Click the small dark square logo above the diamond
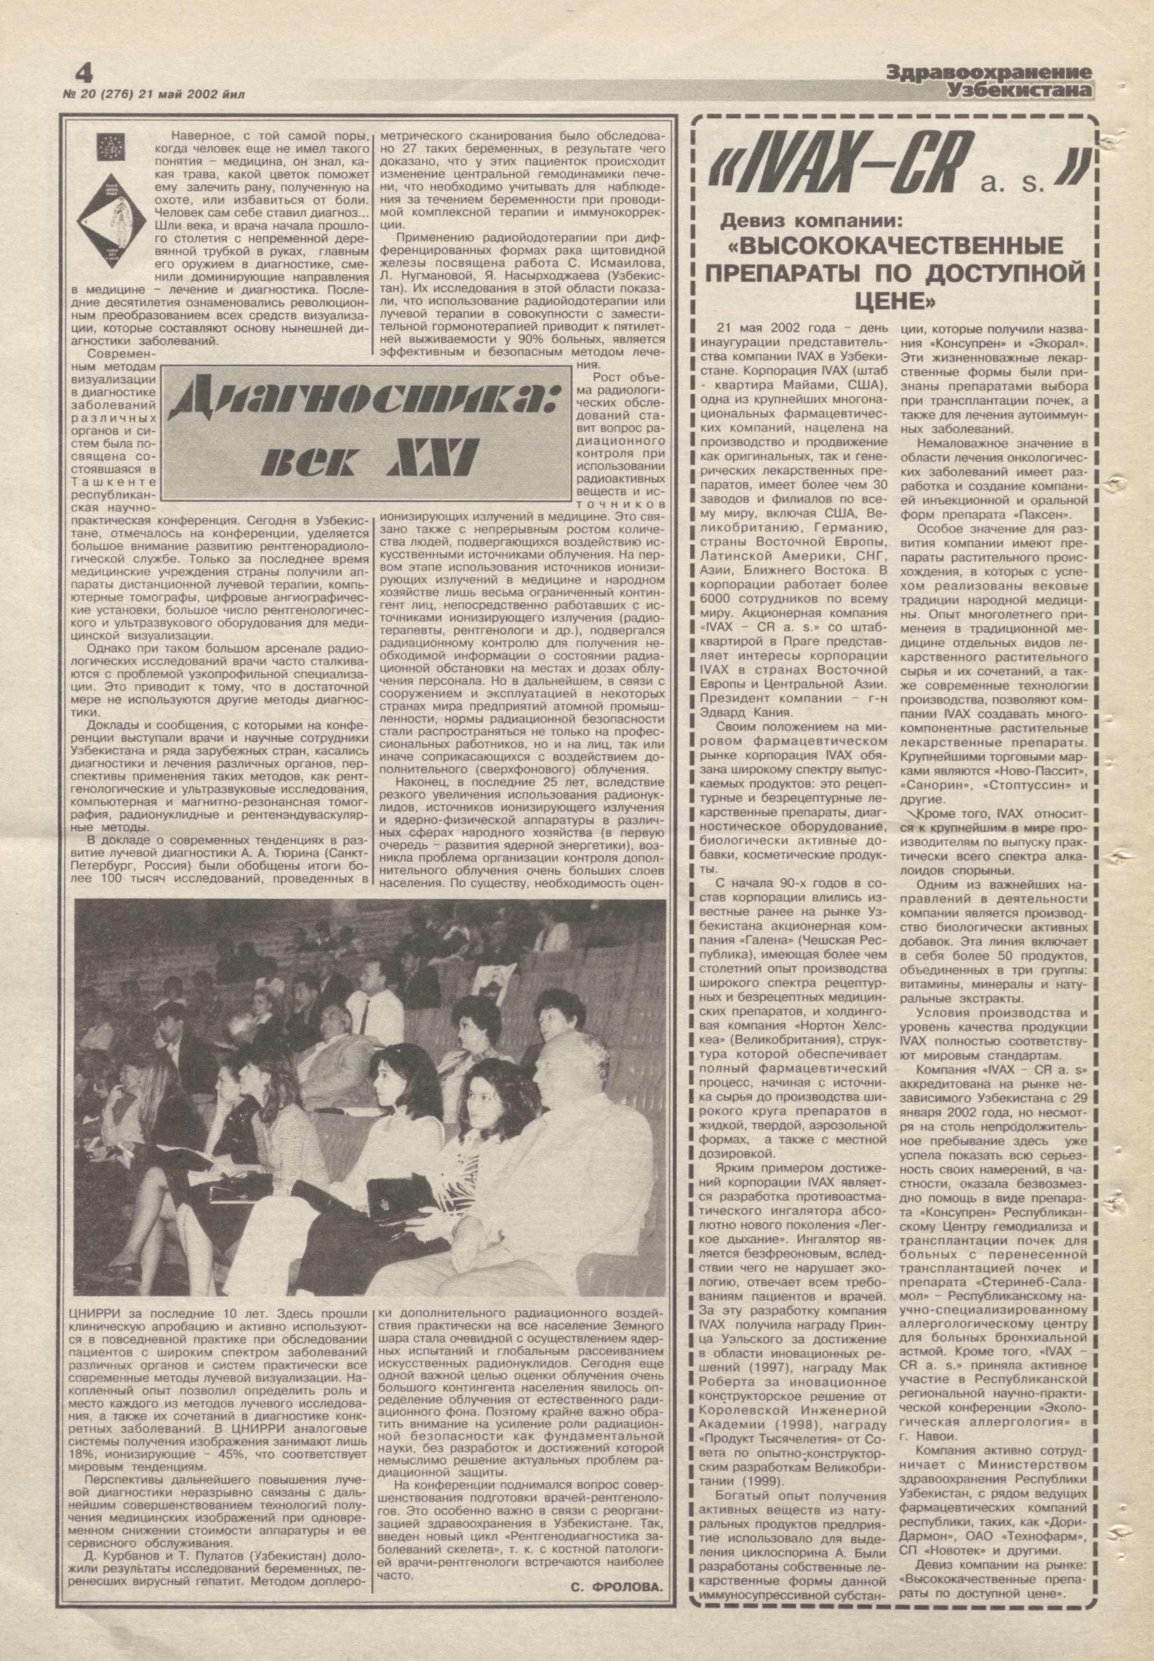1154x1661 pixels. click(111, 146)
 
